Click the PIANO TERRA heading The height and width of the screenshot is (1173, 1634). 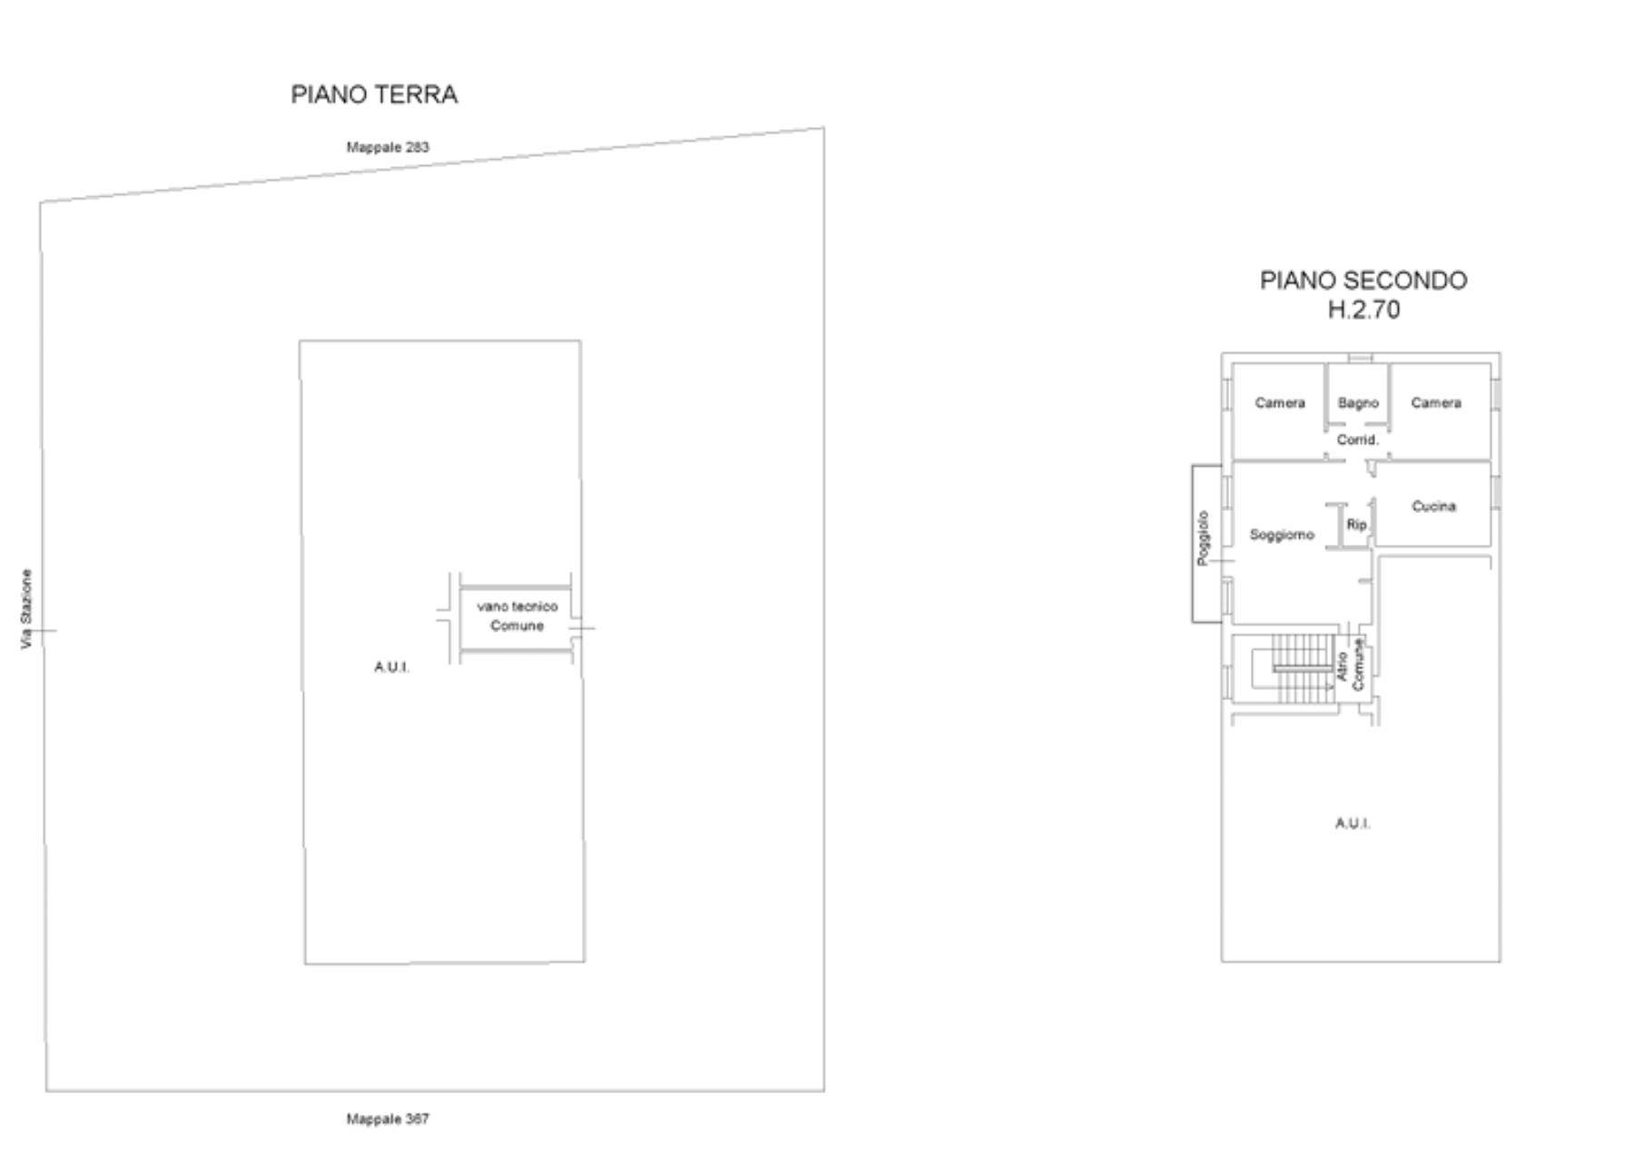tap(374, 94)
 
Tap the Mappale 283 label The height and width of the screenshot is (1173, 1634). tap(388, 147)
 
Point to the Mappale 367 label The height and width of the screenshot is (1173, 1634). tap(388, 1119)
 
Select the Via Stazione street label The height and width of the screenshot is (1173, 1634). tap(26, 609)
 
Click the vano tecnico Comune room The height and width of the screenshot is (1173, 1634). tap(517, 618)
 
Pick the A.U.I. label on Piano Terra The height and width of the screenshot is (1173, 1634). tap(392, 667)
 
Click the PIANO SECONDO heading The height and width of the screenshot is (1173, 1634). tap(1363, 281)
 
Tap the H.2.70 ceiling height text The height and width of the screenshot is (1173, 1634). tap(1363, 310)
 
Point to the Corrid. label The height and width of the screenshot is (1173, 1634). tap(1358, 440)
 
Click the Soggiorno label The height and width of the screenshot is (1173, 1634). tap(1282, 535)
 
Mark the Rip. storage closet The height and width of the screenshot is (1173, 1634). tap(1357, 525)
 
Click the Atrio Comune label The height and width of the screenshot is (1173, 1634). tap(1350, 665)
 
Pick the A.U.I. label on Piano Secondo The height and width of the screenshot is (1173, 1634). tap(1353, 823)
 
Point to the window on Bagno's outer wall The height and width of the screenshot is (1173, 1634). tap(1358, 359)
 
